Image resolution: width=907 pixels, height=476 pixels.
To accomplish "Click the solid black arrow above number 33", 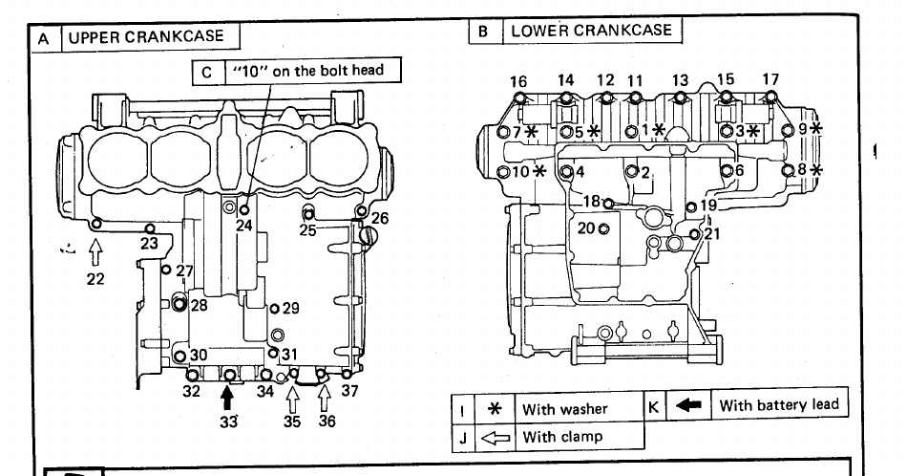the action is [x=227, y=398].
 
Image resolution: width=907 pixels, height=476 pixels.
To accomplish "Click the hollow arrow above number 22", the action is [x=95, y=252].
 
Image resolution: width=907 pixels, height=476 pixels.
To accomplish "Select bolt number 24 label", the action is [x=244, y=226].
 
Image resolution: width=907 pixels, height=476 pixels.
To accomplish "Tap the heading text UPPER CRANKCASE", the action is [x=146, y=36].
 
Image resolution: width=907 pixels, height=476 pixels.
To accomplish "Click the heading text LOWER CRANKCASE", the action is [x=591, y=31].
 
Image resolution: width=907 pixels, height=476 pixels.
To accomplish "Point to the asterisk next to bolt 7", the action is [x=532, y=132].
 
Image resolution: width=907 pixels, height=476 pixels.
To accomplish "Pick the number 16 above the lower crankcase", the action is [x=518, y=81].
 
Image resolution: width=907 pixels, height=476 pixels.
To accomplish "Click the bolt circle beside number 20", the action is [x=604, y=228].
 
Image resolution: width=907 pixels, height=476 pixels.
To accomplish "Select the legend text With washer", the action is [x=564, y=409].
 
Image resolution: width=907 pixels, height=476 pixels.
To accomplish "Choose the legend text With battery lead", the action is [x=778, y=404].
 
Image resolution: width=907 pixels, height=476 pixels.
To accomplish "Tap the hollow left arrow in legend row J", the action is [x=496, y=438].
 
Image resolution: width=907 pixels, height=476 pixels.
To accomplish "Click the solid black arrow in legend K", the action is [x=688, y=405].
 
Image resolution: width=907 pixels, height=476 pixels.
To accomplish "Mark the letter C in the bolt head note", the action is [x=207, y=73].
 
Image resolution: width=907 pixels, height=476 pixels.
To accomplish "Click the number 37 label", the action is [x=349, y=391].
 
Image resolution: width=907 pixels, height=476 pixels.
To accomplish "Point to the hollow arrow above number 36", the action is [x=325, y=398].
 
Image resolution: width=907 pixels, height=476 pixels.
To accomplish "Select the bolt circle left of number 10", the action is [x=503, y=172].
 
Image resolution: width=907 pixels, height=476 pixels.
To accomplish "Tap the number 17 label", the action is [x=770, y=78].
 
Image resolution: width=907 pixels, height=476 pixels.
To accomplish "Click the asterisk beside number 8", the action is [x=815, y=170].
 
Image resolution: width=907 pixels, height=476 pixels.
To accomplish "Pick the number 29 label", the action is [x=290, y=308].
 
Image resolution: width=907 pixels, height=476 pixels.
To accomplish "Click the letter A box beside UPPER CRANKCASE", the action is [x=44, y=39].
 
